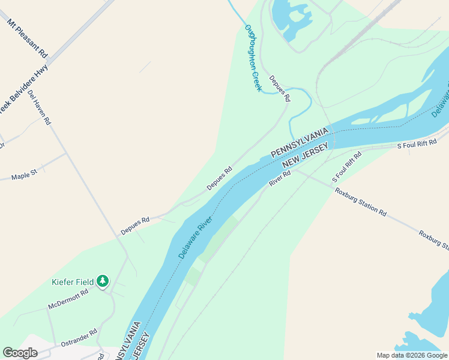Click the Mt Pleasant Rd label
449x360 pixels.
click(x=27, y=38)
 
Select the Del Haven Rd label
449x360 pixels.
click(x=40, y=108)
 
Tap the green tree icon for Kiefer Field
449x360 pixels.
click(x=103, y=280)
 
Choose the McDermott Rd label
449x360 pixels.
click(x=68, y=299)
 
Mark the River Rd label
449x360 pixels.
click(x=280, y=178)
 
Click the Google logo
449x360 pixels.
click(x=20, y=353)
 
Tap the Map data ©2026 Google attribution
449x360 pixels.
click(x=412, y=355)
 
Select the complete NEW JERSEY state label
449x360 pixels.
click(x=306, y=155)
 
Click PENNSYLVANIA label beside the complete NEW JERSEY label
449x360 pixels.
click(x=300, y=142)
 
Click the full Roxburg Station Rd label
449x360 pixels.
click(x=361, y=202)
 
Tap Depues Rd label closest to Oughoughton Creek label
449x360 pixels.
click(x=280, y=88)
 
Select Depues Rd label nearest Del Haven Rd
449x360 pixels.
click(x=134, y=225)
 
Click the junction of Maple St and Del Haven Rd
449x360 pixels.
click(x=65, y=154)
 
